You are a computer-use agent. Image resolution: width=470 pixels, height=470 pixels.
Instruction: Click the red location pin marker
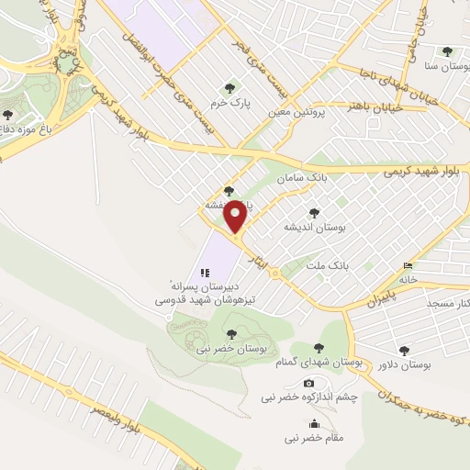[x=235, y=217]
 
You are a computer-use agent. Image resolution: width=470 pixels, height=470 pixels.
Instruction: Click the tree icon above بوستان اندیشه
[x=315, y=213]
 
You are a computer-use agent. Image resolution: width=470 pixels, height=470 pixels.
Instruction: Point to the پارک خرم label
[x=229, y=101]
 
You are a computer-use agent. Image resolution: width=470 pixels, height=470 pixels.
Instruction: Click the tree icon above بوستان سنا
[x=447, y=52]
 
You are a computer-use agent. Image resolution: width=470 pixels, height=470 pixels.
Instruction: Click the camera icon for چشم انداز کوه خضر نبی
[x=308, y=383]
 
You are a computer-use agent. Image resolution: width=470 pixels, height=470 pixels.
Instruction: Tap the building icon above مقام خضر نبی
[x=315, y=423]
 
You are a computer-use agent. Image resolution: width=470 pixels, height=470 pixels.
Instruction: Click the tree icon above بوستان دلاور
[x=404, y=350]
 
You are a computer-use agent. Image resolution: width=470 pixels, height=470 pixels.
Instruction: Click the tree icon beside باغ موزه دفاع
[x=8, y=116]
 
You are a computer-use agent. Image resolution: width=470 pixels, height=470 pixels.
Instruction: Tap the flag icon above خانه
[x=408, y=266]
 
